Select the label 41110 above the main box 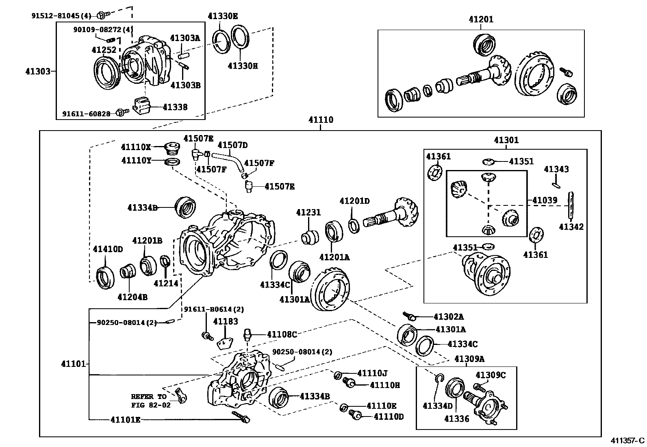321,120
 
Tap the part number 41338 175,107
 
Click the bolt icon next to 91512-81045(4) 102,15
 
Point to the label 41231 308,212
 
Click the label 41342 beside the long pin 571,227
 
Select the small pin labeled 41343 556,185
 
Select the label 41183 226,321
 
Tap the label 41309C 491,375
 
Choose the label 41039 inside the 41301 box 545,200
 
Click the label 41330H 243,65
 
